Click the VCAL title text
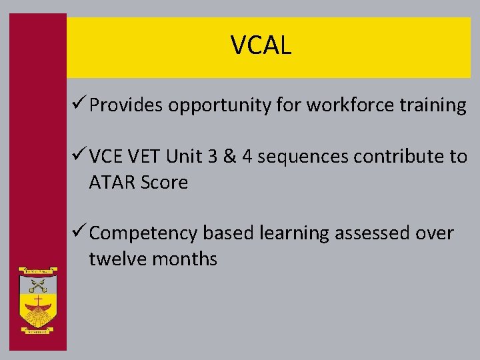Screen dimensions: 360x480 click(x=261, y=45)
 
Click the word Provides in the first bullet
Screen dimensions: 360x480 click(x=126, y=105)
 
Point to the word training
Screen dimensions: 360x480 click(x=434, y=106)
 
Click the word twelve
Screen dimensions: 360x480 click(x=117, y=259)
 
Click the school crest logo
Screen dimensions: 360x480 click(x=39, y=299)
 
